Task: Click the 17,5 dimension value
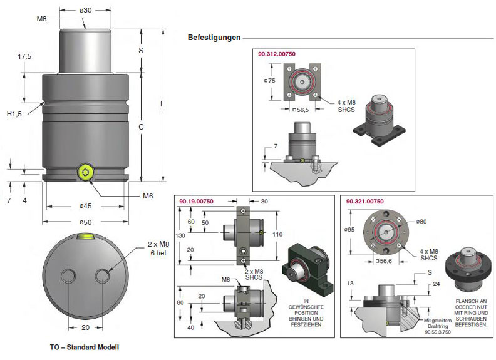pyautogui.click(x=24, y=56)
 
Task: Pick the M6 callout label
pyautogui.click(x=148, y=196)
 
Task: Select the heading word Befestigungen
pyautogui.click(x=214, y=38)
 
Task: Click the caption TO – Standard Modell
pyautogui.click(x=85, y=346)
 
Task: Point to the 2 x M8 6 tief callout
pyautogui.click(x=158, y=248)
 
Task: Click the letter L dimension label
pyautogui.click(x=162, y=105)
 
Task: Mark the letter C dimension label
pyautogui.click(x=141, y=127)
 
